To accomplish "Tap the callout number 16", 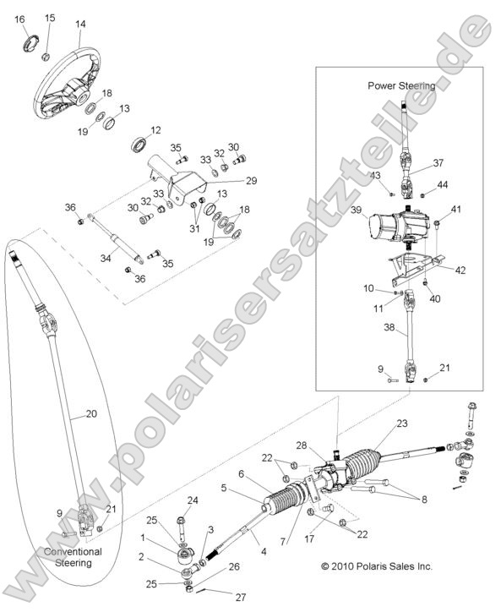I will pyautogui.click(x=20, y=19).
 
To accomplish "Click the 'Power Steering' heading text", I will pyautogui.click(x=401, y=85).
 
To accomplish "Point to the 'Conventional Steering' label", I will pyautogui.click(x=72, y=557).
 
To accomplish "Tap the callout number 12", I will pyautogui.click(x=155, y=130).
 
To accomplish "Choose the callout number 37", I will pyautogui.click(x=438, y=163).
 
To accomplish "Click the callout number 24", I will pyautogui.click(x=193, y=500).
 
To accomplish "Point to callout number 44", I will pyautogui.click(x=443, y=184).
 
